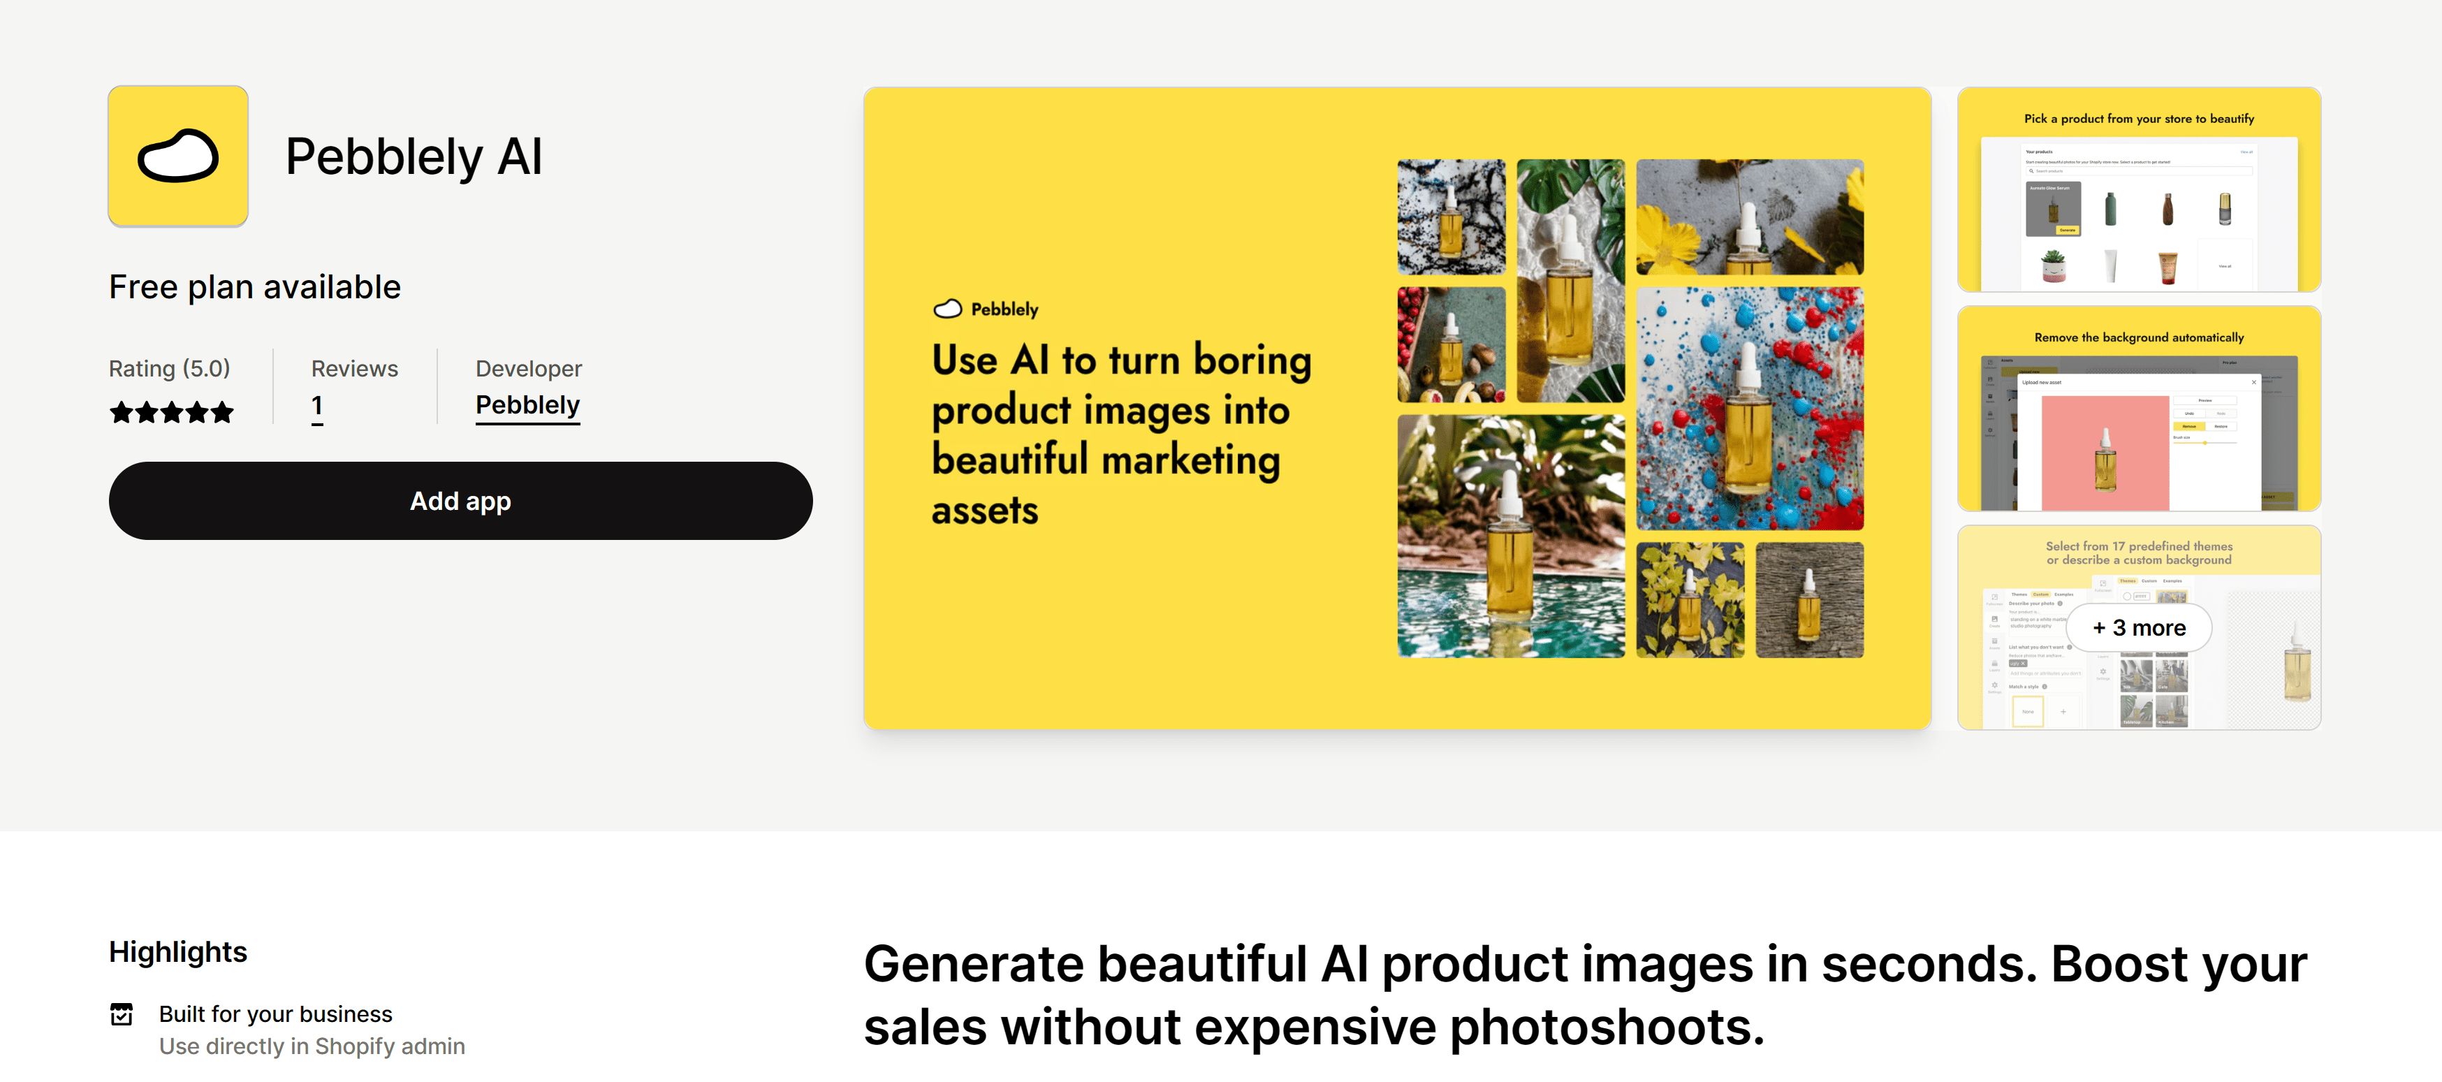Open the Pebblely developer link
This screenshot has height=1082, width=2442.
tap(527, 405)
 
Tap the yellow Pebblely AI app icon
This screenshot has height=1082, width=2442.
tap(178, 156)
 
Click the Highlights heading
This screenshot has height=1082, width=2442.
tap(178, 951)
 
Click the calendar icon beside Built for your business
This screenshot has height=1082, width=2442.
tap(122, 1014)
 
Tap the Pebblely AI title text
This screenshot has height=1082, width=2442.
tap(414, 156)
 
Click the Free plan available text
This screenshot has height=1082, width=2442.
tap(255, 286)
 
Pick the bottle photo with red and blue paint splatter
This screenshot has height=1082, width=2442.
tap(1749, 408)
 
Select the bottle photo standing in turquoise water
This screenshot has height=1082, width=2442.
tap(1510, 536)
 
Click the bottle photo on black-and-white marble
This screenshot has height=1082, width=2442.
tap(1450, 217)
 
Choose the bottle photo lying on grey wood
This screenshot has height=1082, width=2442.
tap(1808, 599)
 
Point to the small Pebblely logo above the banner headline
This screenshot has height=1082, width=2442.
tap(948, 309)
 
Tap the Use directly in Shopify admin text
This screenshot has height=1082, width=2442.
tap(312, 1046)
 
